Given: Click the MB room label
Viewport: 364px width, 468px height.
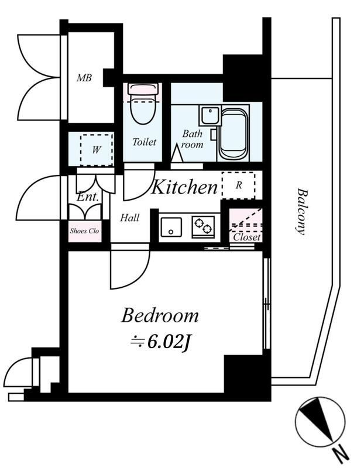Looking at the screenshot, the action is [84, 78].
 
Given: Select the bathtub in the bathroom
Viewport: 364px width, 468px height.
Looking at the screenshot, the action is [233, 133].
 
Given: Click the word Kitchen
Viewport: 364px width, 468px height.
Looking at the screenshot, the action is [184, 187].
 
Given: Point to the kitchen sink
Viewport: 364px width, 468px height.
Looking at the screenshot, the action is [171, 227].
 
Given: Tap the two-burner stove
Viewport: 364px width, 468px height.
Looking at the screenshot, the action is [203, 227].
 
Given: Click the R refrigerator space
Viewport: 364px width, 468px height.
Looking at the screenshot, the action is [239, 185].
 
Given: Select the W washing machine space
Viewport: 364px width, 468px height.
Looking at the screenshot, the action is [97, 150].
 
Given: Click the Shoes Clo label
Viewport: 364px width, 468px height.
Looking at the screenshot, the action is [84, 231].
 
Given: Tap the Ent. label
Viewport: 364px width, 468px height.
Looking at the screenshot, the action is [88, 197].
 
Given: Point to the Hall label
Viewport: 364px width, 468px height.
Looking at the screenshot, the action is [130, 218].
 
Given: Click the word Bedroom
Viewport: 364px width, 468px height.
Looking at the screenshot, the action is [160, 315].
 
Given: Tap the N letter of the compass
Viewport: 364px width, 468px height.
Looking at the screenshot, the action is [341, 455].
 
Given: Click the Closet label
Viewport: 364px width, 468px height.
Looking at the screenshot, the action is [247, 238].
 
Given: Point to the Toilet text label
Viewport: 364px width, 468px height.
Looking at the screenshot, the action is [145, 142].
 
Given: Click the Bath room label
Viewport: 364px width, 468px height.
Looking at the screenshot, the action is [193, 139].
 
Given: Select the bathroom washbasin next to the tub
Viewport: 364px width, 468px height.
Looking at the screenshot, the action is [210, 116].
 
